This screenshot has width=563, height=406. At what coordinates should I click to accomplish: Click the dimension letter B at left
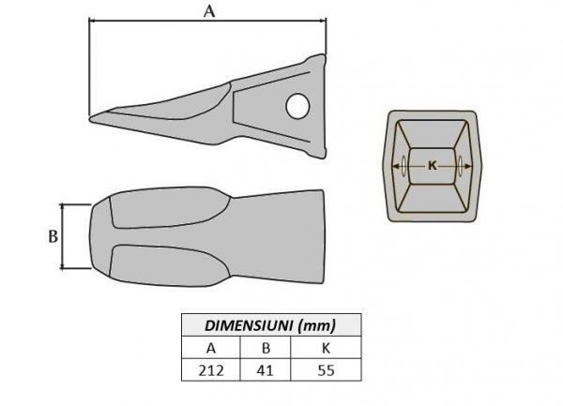53,236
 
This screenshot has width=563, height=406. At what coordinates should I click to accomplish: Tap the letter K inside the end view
432,165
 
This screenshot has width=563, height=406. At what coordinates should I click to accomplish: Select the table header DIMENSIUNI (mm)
270,325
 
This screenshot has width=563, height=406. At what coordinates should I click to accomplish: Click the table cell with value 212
211,369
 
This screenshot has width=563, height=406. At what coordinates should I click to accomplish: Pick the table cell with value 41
265,369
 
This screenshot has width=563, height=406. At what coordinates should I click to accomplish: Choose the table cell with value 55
326,369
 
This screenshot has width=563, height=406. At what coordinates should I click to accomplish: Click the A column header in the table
211,348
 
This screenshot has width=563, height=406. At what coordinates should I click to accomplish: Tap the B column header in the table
265,348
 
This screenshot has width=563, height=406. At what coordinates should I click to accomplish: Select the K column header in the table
326,348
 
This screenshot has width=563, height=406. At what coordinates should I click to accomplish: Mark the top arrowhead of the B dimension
63,206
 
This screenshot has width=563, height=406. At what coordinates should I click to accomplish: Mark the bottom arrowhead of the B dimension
63,266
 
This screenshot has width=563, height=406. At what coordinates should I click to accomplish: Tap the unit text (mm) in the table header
315,325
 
